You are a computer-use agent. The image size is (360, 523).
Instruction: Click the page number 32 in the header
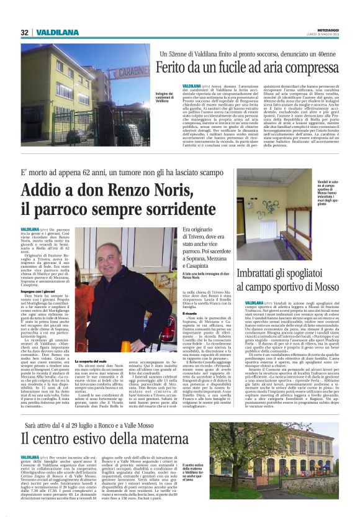pyautogui.click(x=24, y=32)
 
